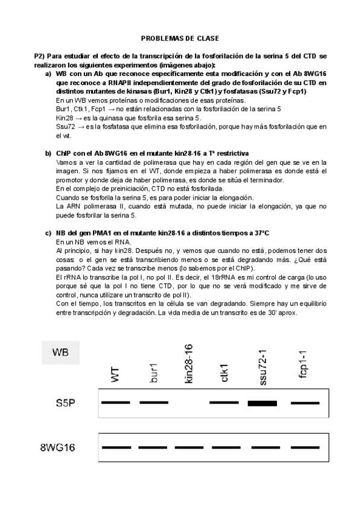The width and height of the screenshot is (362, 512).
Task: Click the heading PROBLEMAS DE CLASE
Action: [180, 37]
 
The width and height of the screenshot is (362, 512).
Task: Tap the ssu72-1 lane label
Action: [262, 365]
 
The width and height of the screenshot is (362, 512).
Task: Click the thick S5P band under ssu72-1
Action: [262, 403]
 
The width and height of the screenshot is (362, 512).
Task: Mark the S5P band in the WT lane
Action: [116, 402]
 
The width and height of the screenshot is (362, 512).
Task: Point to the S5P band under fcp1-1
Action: [305, 402]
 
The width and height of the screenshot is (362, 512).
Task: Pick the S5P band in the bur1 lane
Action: [153, 402]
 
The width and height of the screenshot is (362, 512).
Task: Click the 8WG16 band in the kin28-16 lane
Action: [190, 447]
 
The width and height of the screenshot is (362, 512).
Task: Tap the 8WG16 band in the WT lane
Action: [116, 447]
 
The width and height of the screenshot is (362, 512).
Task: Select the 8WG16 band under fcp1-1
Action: [305, 447]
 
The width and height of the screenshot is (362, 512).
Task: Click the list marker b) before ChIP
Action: [48, 153]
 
